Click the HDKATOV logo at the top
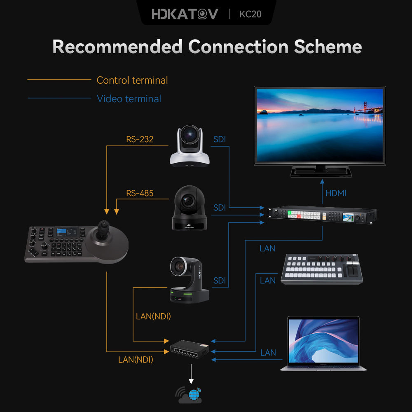click(x=185, y=14)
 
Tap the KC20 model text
click(x=250, y=14)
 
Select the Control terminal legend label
click(x=132, y=80)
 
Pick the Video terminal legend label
click(x=129, y=99)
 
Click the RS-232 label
click(x=140, y=139)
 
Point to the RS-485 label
click(x=140, y=193)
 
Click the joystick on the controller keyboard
click(x=103, y=231)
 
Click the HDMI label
click(x=336, y=193)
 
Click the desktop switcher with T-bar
click(x=322, y=269)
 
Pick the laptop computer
click(x=323, y=343)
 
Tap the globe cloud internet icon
click(x=190, y=395)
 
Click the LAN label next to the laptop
click(x=268, y=353)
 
